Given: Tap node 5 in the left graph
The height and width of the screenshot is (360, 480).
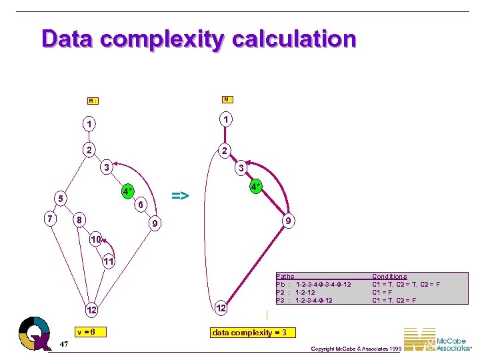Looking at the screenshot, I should pyautogui.click(x=60, y=198).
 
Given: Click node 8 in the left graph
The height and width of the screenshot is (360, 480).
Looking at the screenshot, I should pyautogui.click(x=79, y=219).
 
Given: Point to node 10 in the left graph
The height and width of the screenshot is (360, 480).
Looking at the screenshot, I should pyautogui.click(x=96, y=239).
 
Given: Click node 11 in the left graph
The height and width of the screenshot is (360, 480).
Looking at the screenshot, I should pyautogui.click(x=107, y=261).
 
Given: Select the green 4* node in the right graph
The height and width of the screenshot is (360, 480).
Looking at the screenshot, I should pyautogui.click(x=255, y=185).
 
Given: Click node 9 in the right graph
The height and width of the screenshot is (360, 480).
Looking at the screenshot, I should pyautogui.click(x=287, y=220).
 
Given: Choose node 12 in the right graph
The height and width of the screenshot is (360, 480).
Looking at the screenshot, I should pyautogui.click(x=221, y=309).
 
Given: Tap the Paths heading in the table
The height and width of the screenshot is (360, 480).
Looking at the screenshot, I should pyautogui.click(x=285, y=276).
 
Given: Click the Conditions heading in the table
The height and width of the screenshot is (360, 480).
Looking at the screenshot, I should pyautogui.click(x=389, y=276).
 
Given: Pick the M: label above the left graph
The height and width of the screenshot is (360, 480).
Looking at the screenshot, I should pyautogui.click(x=93, y=101).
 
